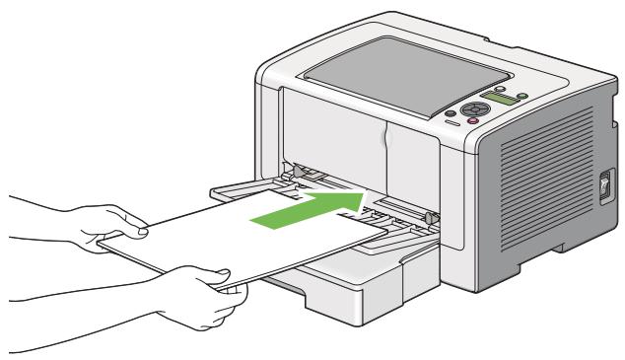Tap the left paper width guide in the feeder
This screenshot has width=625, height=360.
pyautogui.click(x=292, y=176)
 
